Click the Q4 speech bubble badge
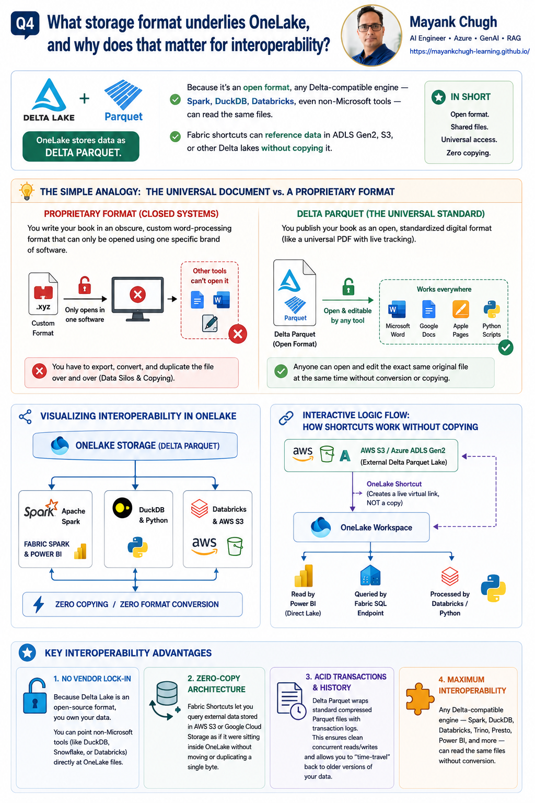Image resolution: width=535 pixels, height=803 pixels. [x=25, y=25]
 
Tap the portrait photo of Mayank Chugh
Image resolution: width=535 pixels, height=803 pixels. [x=371, y=35]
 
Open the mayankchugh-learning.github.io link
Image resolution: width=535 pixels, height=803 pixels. [x=469, y=51]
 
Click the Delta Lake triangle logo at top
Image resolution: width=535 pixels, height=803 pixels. [x=49, y=95]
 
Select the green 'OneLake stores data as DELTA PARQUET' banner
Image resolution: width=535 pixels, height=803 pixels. [x=81, y=146]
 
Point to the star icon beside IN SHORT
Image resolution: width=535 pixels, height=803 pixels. [x=438, y=97]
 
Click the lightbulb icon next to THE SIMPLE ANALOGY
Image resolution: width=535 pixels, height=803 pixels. [x=27, y=191]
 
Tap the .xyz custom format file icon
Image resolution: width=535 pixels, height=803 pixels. [x=43, y=294]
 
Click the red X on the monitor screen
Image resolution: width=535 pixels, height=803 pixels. [x=137, y=295]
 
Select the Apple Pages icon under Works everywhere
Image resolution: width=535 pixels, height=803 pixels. [x=460, y=309]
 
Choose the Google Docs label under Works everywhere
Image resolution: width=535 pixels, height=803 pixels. [x=428, y=330]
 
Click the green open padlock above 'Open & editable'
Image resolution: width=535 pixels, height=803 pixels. [x=348, y=286]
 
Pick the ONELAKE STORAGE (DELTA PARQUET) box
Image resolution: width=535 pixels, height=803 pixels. [x=135, y=445]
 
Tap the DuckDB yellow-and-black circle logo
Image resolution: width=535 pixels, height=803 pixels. [x=122, y=508]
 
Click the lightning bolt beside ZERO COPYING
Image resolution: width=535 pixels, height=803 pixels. [x=39, y=604]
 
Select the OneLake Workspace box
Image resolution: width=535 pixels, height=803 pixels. [x=361, y=527]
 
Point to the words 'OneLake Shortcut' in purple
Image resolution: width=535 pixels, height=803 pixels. [x=394, y=484]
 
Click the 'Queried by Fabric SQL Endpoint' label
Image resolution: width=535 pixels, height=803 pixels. [x=370, y=603]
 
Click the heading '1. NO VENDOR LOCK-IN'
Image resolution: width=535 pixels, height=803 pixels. [x=92, y=679]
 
